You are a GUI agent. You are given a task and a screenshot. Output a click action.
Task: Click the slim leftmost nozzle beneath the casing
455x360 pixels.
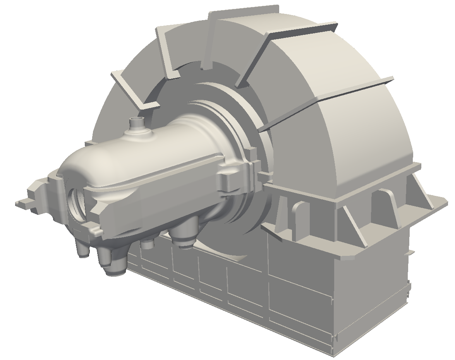click(83, 250)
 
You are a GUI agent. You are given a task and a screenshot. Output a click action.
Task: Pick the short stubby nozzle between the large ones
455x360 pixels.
click(147, 243)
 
